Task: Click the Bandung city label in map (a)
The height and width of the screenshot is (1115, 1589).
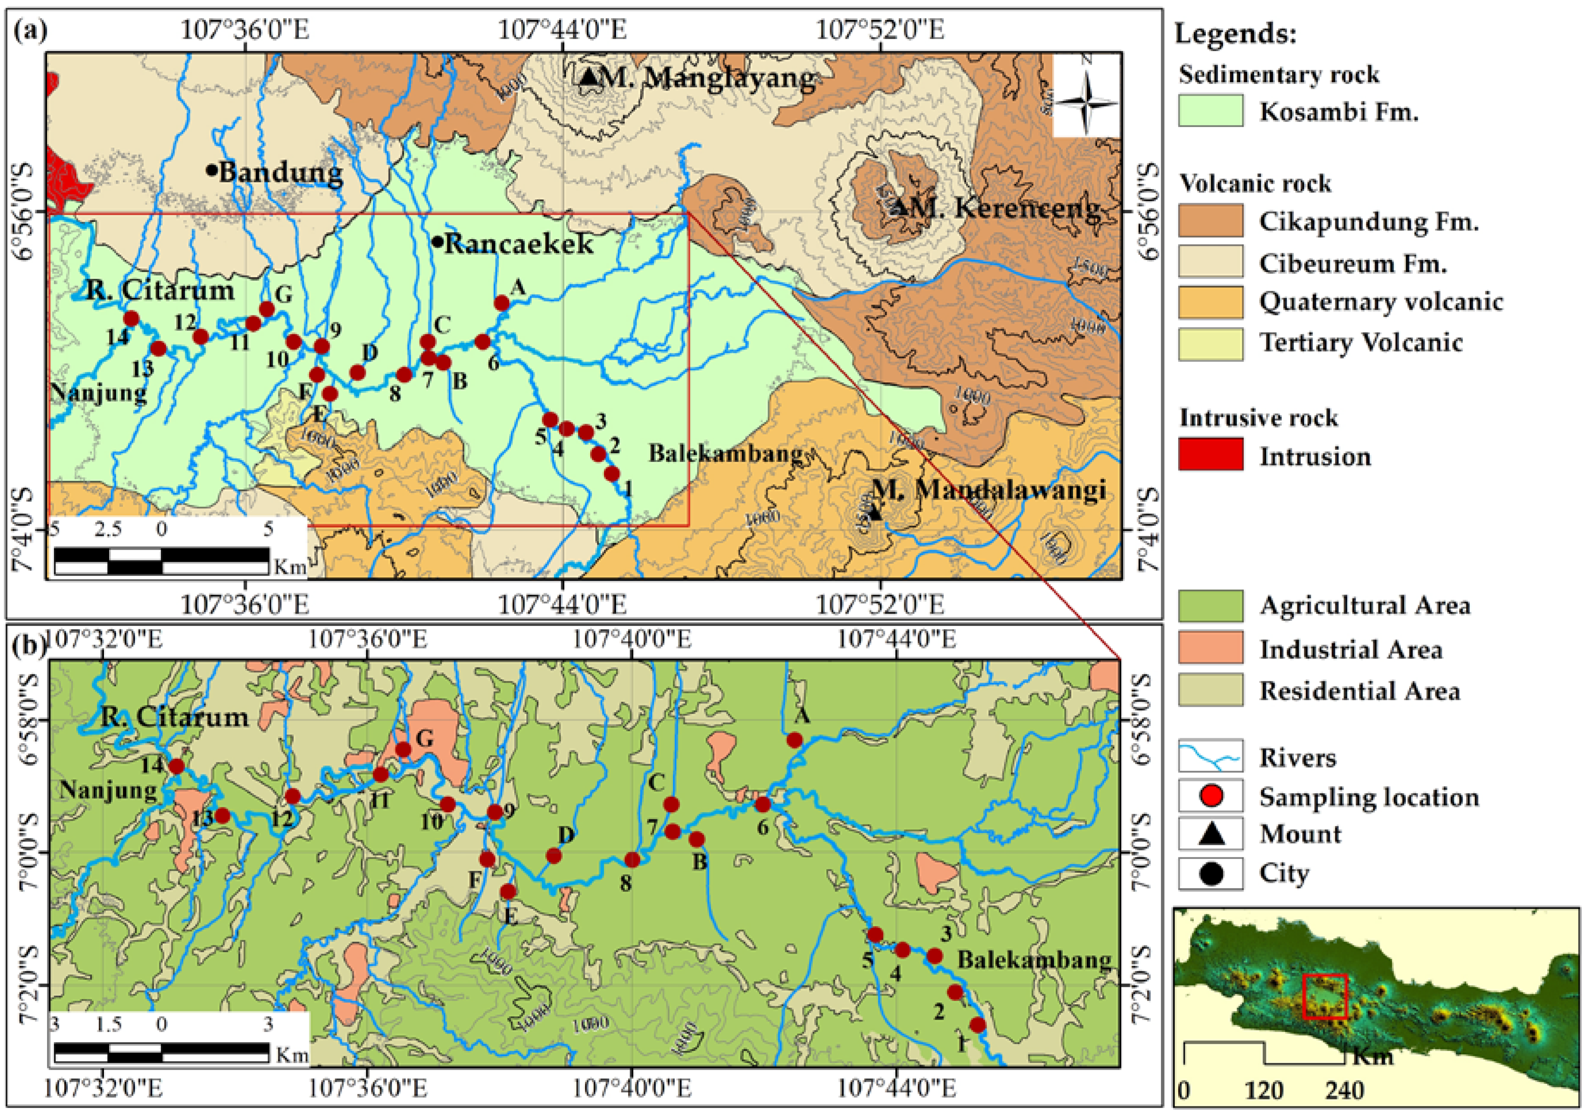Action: [280, 172]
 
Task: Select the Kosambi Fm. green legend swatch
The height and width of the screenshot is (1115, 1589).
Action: [1211, 111]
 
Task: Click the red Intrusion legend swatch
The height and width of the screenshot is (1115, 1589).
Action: [1211, 455]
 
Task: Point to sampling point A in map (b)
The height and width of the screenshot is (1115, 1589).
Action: [795, 740]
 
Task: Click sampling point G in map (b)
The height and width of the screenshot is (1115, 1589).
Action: [403, 750]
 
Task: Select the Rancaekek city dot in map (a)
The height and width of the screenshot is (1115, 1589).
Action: [437, 242]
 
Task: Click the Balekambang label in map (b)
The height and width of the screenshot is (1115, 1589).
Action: [1034, 960]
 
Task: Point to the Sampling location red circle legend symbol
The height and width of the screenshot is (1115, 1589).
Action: [1211, 796]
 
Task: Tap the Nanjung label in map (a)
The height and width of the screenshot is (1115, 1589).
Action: [98, 392]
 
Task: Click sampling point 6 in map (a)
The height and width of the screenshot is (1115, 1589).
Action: [482, 341]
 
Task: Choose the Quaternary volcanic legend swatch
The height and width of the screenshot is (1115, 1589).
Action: [1211, 302]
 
